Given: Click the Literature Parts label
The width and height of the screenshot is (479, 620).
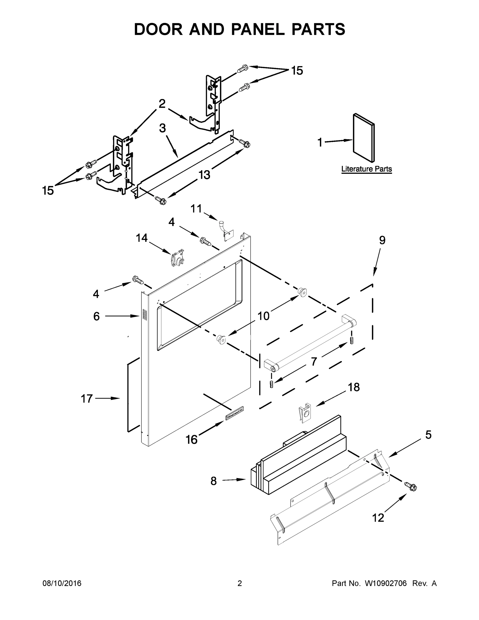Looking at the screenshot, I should coord(366,169).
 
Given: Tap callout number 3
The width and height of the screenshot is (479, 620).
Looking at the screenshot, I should coord(162,128).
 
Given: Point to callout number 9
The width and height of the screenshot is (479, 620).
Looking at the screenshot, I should coord(382,241).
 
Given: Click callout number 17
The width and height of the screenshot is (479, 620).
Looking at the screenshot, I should coord(87,399).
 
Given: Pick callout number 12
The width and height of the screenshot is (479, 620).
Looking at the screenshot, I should coord(378,518).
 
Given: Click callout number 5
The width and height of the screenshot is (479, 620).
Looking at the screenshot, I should coord(428,435).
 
